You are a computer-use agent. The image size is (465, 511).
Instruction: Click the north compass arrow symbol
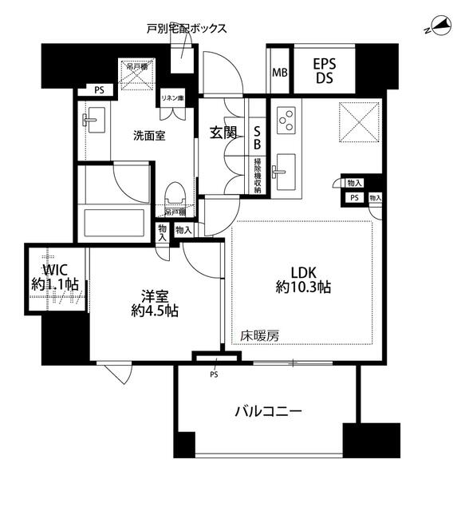click(437, 26)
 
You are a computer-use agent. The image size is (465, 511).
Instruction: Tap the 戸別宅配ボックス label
click(187, 28)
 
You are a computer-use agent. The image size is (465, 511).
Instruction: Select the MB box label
click(279, 73)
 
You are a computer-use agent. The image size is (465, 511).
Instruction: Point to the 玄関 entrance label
click(223, 133)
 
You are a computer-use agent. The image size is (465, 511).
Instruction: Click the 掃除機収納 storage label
click(257, 175)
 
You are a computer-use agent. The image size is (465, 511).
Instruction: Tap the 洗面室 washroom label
click(148, 136)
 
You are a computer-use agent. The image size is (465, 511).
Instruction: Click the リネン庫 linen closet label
click(173, 97)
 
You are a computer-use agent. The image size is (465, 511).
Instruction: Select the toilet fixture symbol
click(175, 194)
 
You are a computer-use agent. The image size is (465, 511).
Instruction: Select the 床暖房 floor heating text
click(260, 336)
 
